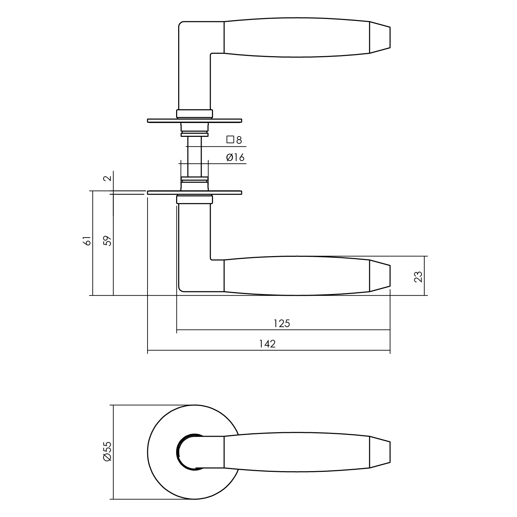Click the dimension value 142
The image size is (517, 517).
[268, 344]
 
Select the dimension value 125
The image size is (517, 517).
[282, 324]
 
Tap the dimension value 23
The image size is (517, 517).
[418, 276]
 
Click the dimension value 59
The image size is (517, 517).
[108, 241]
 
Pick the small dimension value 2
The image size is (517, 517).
[108, 178]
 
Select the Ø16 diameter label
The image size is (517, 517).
[235, 158]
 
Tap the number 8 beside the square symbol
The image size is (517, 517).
[239, 140]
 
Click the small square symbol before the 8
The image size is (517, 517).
[230, 140]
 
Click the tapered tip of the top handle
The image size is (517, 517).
[380, 38]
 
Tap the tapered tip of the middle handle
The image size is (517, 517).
[380, 276]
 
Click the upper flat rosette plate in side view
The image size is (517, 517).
[194, 121]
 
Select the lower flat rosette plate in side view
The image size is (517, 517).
[194, 192]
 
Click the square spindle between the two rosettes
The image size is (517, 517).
[194, 157]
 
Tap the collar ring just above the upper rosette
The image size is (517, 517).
[194, 114]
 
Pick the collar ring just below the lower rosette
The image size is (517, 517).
[194, 199]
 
